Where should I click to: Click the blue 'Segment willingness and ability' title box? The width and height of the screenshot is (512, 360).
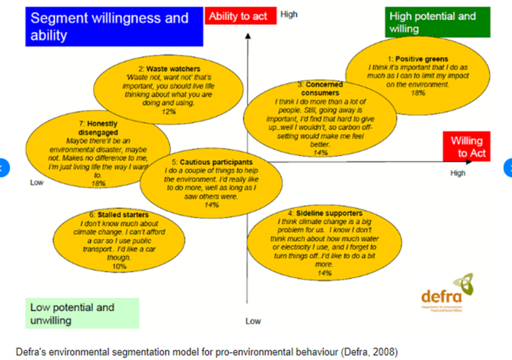point(114,26)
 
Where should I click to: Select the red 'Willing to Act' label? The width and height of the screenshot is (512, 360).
point(466,147)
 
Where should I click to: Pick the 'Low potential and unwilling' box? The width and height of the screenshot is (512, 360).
point(82,313)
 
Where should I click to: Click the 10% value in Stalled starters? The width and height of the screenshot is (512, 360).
point(119,266)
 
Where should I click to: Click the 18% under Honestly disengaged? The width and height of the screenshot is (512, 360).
point(99,183)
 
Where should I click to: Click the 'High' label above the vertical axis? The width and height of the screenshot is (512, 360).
point(288,14)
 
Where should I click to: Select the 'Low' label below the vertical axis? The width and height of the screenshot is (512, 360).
point(253,321)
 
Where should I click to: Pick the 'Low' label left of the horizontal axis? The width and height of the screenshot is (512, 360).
point(37,182)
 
